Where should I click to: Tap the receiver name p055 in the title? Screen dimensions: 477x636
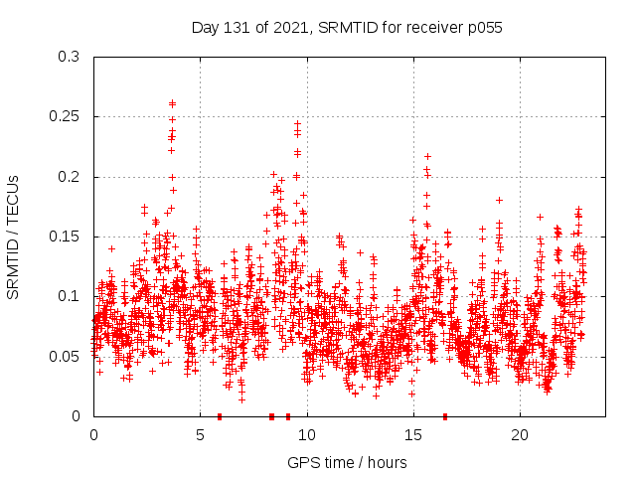481,28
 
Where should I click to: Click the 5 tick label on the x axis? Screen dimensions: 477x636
200,435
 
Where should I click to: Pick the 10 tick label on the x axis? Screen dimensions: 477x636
307,435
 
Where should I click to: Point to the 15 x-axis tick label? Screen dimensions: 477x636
413,435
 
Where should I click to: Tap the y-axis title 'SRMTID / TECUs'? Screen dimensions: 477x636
14,237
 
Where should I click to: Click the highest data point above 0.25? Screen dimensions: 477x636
172,102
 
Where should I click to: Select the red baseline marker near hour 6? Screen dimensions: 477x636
220,415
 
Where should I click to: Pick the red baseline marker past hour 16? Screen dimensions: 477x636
445,415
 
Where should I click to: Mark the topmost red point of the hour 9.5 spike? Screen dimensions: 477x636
297,124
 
